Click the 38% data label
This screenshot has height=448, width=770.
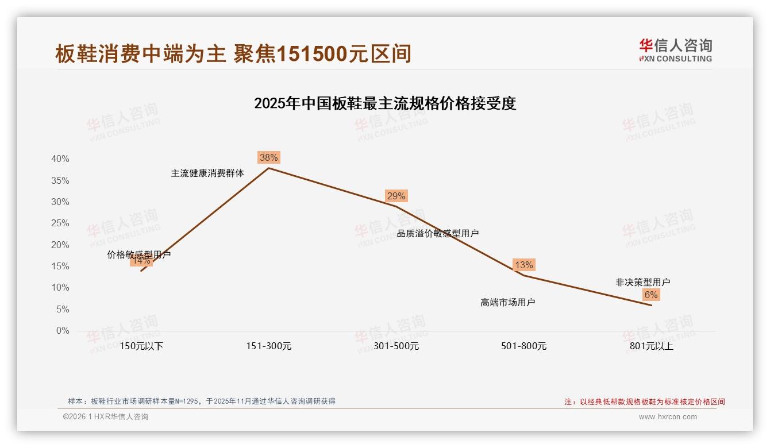pyautogui.click(x=268, y=157)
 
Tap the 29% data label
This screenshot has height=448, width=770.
pyautogui.click(x=396, y=196)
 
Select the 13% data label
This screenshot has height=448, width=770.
pyautogui.click(x=523, y=265)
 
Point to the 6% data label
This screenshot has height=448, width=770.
pyautogui.click(x=651, y=295)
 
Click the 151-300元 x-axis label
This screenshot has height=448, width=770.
pyautogui.click(x=268, y=346)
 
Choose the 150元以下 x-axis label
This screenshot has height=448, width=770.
pyautogui.click(x=141, y=346)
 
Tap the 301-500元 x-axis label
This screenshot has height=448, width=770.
pyautogui.click(x=396, y=346)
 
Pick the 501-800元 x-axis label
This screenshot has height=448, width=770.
pyautogui.click(x=523, y=346)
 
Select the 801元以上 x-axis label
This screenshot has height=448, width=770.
pyautogui.click(x=651, y=346)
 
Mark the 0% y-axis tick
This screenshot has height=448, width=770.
pyautogui.click(x=63, y=331)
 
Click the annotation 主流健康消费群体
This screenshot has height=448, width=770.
pyautogui.click(x=207, y=173)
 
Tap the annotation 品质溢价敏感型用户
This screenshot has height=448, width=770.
pyautogui.click(x=438, y=233)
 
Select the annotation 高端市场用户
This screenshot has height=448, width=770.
pyautogui.click(x=508, y=302)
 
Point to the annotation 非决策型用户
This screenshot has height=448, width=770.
pyautogui.click(x=642, y=282)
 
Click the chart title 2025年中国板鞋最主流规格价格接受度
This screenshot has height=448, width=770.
pyautogui.click(x=385, y=103)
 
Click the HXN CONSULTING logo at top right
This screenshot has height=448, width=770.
pyautogui.click(x=675, y=51)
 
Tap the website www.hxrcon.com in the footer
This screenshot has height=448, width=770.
pyautogui.click(x=668, y=417)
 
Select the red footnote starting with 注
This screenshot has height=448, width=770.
pyautogui.click(x=644, y=402)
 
